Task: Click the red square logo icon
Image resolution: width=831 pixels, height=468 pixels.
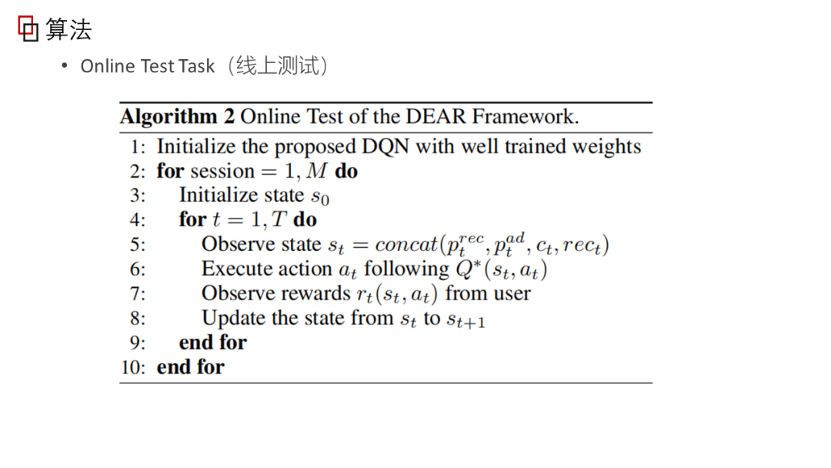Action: point(28,29)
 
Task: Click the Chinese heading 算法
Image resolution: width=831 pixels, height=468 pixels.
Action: point(68,30)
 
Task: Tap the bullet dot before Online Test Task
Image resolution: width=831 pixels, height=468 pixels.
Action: point(65,65)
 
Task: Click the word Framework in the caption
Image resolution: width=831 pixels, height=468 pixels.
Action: point(524,117)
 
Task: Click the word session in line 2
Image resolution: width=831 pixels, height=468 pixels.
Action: point(222,171)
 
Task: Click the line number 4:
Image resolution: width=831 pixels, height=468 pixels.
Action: point(138,220)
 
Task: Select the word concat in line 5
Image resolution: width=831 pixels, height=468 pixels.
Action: point(405,245)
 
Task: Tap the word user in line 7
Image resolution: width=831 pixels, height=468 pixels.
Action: point(510,293)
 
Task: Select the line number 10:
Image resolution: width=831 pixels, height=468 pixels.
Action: point(133,367)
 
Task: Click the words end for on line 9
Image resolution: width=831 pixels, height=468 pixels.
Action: point(213,343)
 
